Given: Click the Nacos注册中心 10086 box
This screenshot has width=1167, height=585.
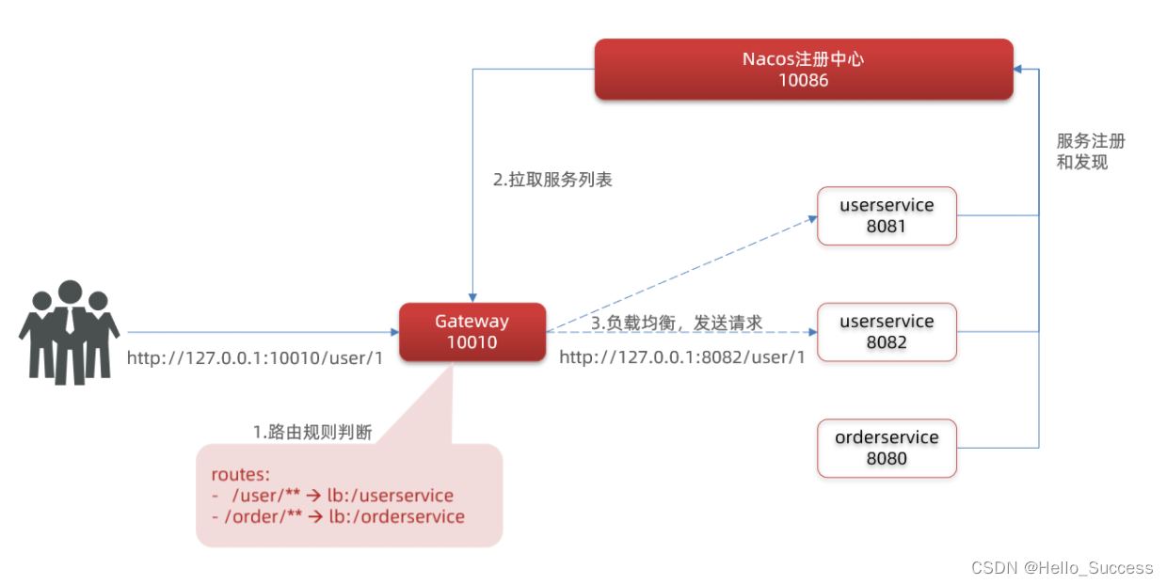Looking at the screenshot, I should pyautogui.click(x=803, y=69).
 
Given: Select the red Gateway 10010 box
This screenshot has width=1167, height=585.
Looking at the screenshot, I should pyautogui.click(x=472, y=331).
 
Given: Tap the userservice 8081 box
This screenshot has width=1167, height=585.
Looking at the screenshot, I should pyautogui.click(x=887, y=215).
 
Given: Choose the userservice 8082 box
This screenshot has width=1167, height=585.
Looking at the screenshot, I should pyautogui.click(x=887, y=331).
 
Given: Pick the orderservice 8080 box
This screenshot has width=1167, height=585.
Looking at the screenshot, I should pyautogui.click(x=887, y=448).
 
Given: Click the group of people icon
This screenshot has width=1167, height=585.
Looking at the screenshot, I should pyautogui.click(x=69, y=331).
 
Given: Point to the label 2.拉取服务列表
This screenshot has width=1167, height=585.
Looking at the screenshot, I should pyautogui.click(x=552, y=180).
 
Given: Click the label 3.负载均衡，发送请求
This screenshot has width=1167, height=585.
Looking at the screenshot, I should pyautogui.click(x=676, y=323).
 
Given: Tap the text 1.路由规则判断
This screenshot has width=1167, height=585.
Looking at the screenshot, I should pyautogui.click(x=312, y=433).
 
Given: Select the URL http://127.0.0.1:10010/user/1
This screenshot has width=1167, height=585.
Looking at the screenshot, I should pyautogui.click(x=254, y=358).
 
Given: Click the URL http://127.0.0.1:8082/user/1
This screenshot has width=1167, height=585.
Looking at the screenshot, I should pyautogui.click(x=682, y=357).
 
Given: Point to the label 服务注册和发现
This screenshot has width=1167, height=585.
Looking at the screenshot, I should pyautogui.click(x=1090, y=151).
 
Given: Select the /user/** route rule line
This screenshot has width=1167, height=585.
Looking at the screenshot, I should pyautogui.click(x=333, y=496).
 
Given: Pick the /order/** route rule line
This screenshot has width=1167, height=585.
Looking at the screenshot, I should pyautogui.click(x=338, y=516).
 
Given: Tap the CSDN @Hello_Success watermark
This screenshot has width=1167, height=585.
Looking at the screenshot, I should pyautogui.click(x=1062, y=568).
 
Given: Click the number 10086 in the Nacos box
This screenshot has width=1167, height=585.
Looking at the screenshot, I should pyautogui.click(x=803, y=81).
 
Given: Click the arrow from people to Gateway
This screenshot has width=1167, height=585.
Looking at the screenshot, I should pyautogui.click(x=264, y=332).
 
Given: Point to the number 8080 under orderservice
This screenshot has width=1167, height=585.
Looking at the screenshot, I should pyautogui.click(x=887, y=459).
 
